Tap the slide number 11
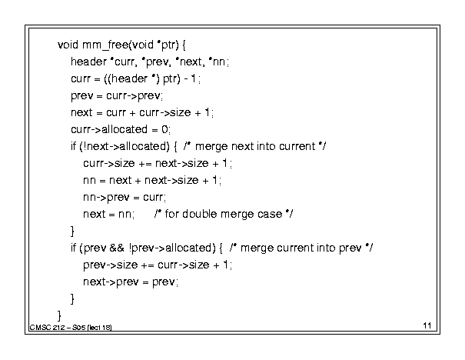427,325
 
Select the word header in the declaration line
88,62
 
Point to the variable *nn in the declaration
217,62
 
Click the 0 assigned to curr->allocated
164,129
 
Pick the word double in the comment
199,214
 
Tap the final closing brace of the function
59,315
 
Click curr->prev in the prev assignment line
134,95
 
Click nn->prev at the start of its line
106,197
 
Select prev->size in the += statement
111,265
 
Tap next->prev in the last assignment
111,282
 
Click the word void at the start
68,45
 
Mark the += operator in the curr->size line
145,164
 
